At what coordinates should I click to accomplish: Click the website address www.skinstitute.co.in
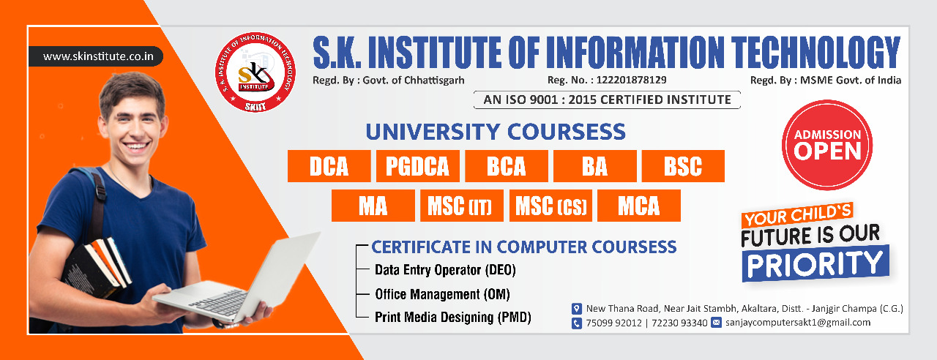click(x=98, y=56)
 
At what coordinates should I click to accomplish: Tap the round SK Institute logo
click(x=255, y=72)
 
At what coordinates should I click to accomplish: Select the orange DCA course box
click(x=329, y=166)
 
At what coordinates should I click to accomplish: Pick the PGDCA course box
click(x=417, y=166)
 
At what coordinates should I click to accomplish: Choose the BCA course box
click(x=506, y=166)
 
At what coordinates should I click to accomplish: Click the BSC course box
click(x=683, y=166)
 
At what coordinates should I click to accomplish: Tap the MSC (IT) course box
click(x=462, y=206)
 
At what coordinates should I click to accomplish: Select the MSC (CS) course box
click(x=550, y=206)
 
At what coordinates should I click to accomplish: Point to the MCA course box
click(x=639, y=206)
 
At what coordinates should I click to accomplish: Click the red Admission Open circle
click(x=827, y=145)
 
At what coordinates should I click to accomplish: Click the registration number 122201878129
click(x=631, y=80)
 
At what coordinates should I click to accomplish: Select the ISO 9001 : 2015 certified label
click(x=607, y=100)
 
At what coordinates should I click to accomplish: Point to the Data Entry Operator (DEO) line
click(x=445, y=270)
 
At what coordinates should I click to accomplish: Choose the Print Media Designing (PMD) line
click(x=452, y=318)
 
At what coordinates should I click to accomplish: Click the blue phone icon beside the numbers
click(x=576, y=323)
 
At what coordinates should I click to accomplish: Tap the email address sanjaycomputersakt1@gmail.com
click(x=798, y=323)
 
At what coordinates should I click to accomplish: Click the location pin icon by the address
click(x=576, y=309)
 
